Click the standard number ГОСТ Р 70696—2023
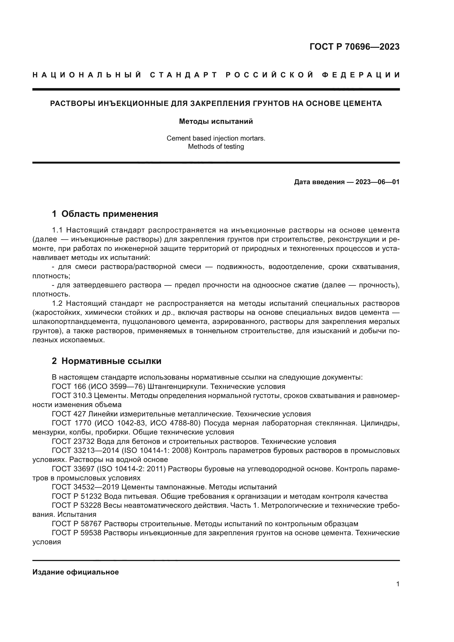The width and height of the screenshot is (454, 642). [x=354, y=47]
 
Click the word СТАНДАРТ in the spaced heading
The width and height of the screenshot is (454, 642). [x=183, y=75]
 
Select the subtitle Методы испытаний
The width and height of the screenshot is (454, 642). [x=216, y=121]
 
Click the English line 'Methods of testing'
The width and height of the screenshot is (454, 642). [x=216, y=147]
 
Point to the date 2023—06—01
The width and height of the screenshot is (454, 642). [x=377, y=182]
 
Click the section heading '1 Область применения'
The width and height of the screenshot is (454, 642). [x=105, y=214]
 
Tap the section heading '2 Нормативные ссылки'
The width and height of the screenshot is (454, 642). [x=107, y=361]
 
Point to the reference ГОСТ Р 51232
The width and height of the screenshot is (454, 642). [x=77, y=496]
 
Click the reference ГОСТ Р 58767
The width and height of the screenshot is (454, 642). [x=77, y=524]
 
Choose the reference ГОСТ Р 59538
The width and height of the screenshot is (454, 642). [x=77, y=533]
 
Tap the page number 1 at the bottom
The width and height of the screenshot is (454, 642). [x=397, y=584]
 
